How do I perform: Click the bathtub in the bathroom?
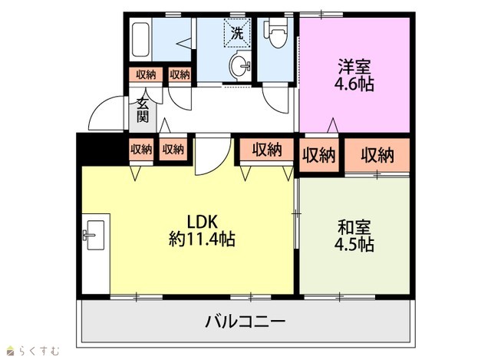tap(140, 39)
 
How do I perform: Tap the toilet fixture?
tap(276, 33)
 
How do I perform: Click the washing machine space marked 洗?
tap(237, 33)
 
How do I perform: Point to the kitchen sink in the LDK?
tap(95, 235)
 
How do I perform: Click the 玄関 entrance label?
tap(143, 111)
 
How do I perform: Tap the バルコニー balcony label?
tap(245, 322)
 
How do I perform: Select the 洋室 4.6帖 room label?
tap(354, 74)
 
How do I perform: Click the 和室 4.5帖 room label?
tap(354, 236)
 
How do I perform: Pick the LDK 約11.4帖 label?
tap(202, 230)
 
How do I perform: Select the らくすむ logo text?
tap(38, 351)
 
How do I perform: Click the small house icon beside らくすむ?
tap(11, 351)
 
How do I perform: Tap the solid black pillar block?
tap(102, 149)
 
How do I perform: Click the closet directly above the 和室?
tap(377, 155)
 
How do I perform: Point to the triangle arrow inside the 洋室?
tap(332, 124)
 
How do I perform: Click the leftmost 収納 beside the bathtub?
tap(146, 75)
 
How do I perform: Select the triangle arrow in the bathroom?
tap(184, 43)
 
